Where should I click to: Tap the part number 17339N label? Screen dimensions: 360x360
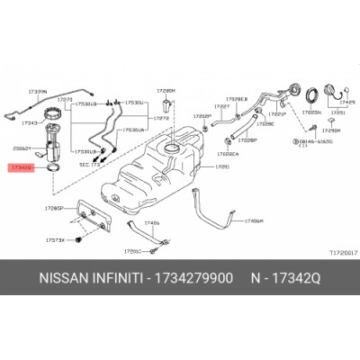[x=37, y=92]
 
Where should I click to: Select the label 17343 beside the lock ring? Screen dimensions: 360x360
[x=30, y=122]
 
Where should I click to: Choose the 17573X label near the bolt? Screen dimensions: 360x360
[x=55, y=242]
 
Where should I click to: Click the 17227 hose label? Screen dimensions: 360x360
[x=221, y=106]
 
